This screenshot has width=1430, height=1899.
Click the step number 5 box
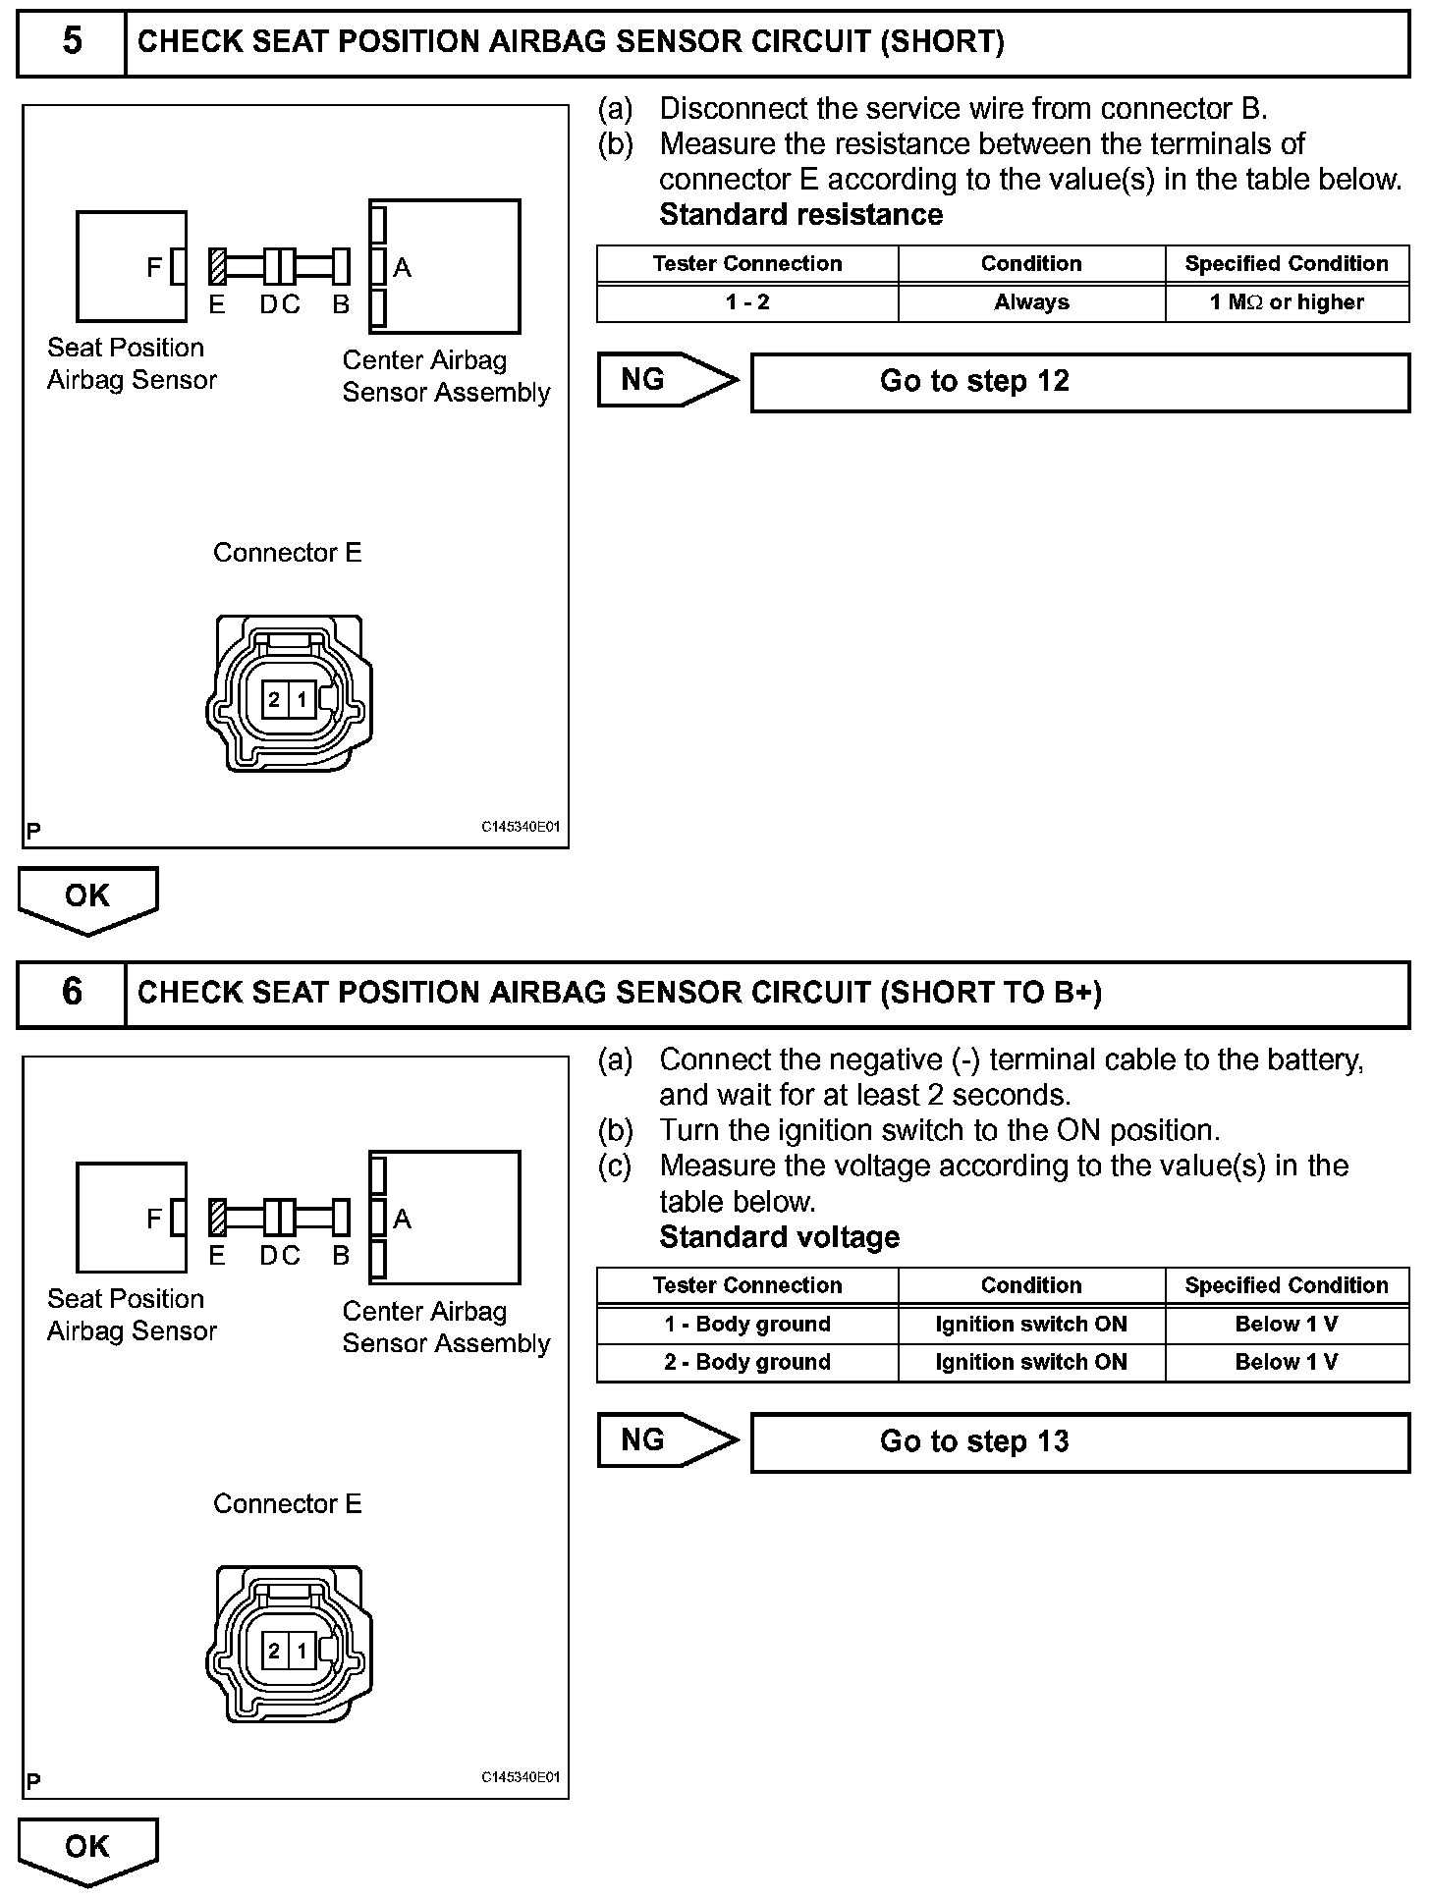[x=72, y=42]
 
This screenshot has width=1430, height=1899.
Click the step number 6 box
[x=72, y=993]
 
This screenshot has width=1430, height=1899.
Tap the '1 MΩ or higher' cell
[x=1287, y=302]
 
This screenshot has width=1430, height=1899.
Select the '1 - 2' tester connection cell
[x=747, y=302]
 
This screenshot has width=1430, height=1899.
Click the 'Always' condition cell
[x=1031, y=302]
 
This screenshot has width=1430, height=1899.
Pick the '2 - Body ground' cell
[x=747, y=1362]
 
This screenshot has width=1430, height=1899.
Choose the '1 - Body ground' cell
[x=747, y=1324]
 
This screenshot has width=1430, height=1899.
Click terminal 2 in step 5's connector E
[x=274, y=700]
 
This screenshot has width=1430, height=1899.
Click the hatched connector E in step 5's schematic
[x=217, y=266]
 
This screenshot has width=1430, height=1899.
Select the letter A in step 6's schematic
[x=402, y=1219]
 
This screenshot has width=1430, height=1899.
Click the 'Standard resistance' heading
[x=800, y=215]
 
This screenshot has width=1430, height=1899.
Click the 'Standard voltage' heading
[x=779, y=1237]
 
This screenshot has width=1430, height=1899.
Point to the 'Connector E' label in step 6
[x=287, y=1504]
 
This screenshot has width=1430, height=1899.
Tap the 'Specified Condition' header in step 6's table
[x=1287, y=1285]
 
